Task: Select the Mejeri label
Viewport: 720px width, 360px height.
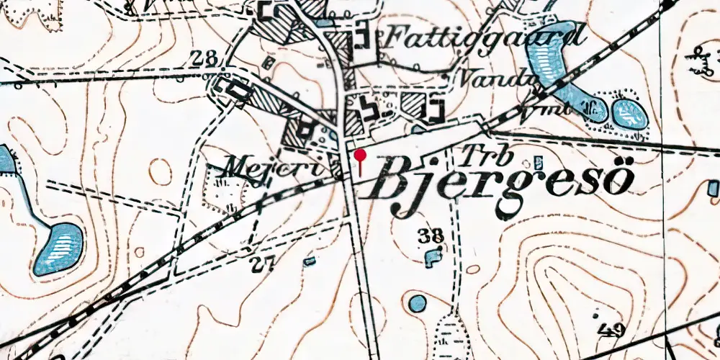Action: click(x=248, y=169)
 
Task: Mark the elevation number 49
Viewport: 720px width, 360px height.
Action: click(x=611, y=330)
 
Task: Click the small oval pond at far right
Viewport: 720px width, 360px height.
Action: click(x=629, y=114)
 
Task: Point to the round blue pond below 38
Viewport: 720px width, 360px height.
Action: click(x=417, y=303)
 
